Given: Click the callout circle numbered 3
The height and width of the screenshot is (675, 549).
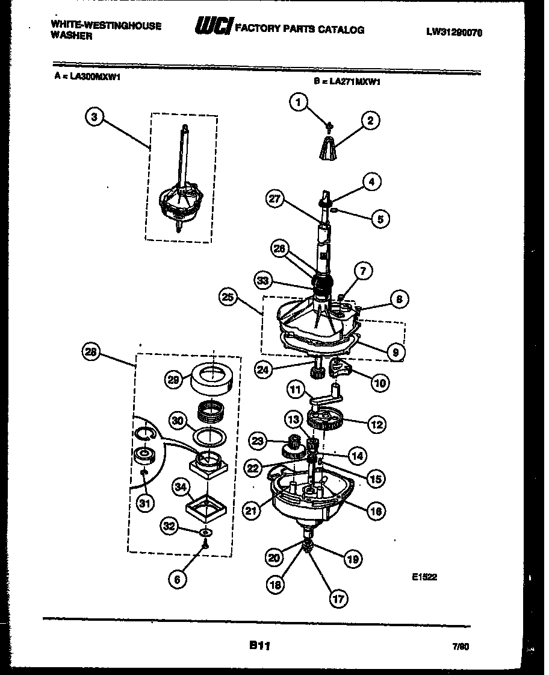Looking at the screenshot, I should [93, 117].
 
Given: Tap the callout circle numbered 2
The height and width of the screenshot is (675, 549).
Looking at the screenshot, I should [370, 121].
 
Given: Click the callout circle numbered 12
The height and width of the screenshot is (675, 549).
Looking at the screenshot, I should [377, 424].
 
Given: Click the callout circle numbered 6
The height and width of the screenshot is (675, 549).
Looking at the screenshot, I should [176, 579].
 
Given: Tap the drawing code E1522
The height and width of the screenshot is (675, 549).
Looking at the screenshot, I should [424, 577].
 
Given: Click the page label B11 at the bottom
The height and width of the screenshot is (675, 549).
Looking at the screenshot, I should [259, 645].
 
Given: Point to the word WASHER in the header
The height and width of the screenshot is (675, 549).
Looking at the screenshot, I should [72, 36].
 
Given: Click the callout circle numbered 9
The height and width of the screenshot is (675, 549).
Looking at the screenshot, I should [395, 351].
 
